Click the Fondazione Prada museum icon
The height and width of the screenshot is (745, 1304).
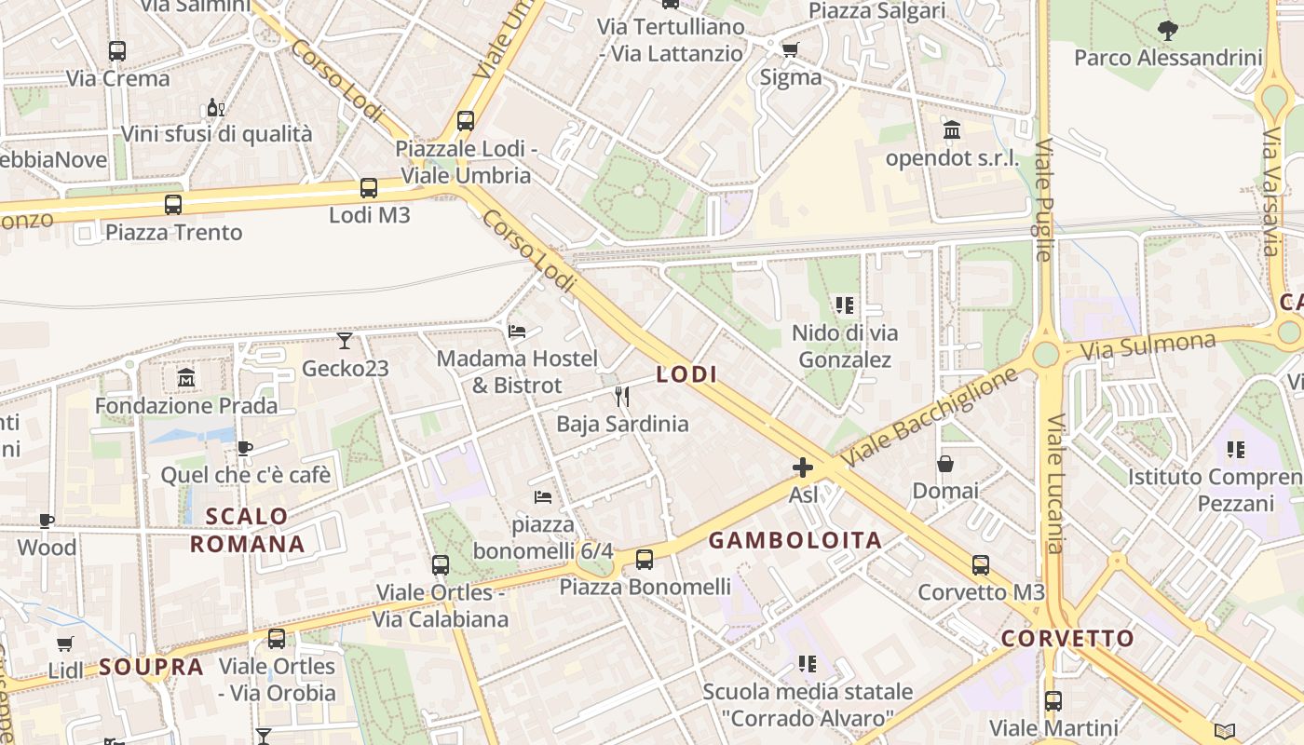pyautogui.click(x=185, y=378)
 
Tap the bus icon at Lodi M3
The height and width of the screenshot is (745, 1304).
pyautogui.click(x=369, y=188)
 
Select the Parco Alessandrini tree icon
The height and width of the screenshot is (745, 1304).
pyautogui.click(x=1167, y=31)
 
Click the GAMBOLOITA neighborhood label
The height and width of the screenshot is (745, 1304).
pyautogui.click(x=795, y=540)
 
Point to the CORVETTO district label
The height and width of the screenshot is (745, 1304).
pyautogui.click(x=1067, y=639)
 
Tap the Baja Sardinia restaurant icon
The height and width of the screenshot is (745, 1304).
pyautogui.click(x=622, y=397)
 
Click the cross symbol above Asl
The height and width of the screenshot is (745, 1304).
pyautogui.click(x=802, y=467)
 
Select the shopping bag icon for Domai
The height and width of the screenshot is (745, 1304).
pyautogui.click(x=945, y=464)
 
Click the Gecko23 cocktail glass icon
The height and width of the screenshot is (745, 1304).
pyautogui.click(x=345, y=341)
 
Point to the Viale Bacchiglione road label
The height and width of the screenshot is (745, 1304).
pyautogui.click(x=930, y=417)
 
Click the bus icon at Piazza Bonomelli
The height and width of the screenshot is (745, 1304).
pyautogui.click(x=644, y=560)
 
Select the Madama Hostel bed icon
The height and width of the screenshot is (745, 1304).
pyautogui.click(x=517, y=332)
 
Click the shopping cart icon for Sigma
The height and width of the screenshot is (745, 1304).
pyautogui.click(x=790, y=49)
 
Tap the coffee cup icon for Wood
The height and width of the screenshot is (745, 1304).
pyautogui.click(x=47, y=521)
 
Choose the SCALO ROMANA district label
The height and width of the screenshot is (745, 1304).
pyautogui.click(x=247, y=530)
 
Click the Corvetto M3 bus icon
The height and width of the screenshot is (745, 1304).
pyautogui.click(x=981, y=565)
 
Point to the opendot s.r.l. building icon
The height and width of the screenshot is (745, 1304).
pyautogui.click(x=952, y=130)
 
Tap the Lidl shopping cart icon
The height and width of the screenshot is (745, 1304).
pyautogui.click(x=65, y=643)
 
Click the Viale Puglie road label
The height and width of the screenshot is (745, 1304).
pyautogui.click(x=1043, y=200)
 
